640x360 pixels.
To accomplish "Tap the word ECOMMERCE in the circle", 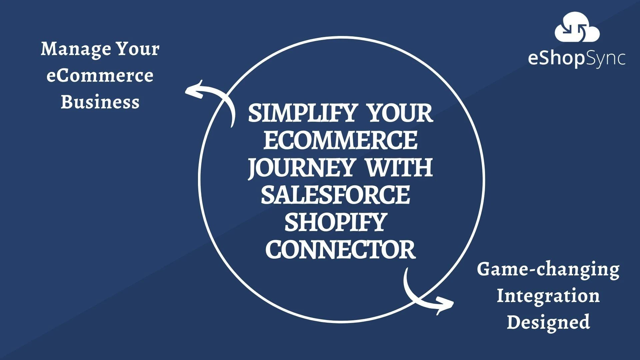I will (340, 140).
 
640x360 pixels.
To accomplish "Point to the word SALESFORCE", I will (335, 195).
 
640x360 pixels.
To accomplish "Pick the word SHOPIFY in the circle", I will (335, 222).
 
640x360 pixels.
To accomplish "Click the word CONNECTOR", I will (340, 250).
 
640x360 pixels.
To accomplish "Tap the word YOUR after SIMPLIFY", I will (400, 113).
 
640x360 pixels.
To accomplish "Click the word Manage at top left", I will (76, 49).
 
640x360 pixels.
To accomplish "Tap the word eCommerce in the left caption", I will (100, 76).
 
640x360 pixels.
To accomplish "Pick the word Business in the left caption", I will (100, 102).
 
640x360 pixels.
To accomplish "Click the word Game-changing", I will (548, 269).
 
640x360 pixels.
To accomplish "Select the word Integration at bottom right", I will (548, 296).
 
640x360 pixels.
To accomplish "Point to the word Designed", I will (548, 322).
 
